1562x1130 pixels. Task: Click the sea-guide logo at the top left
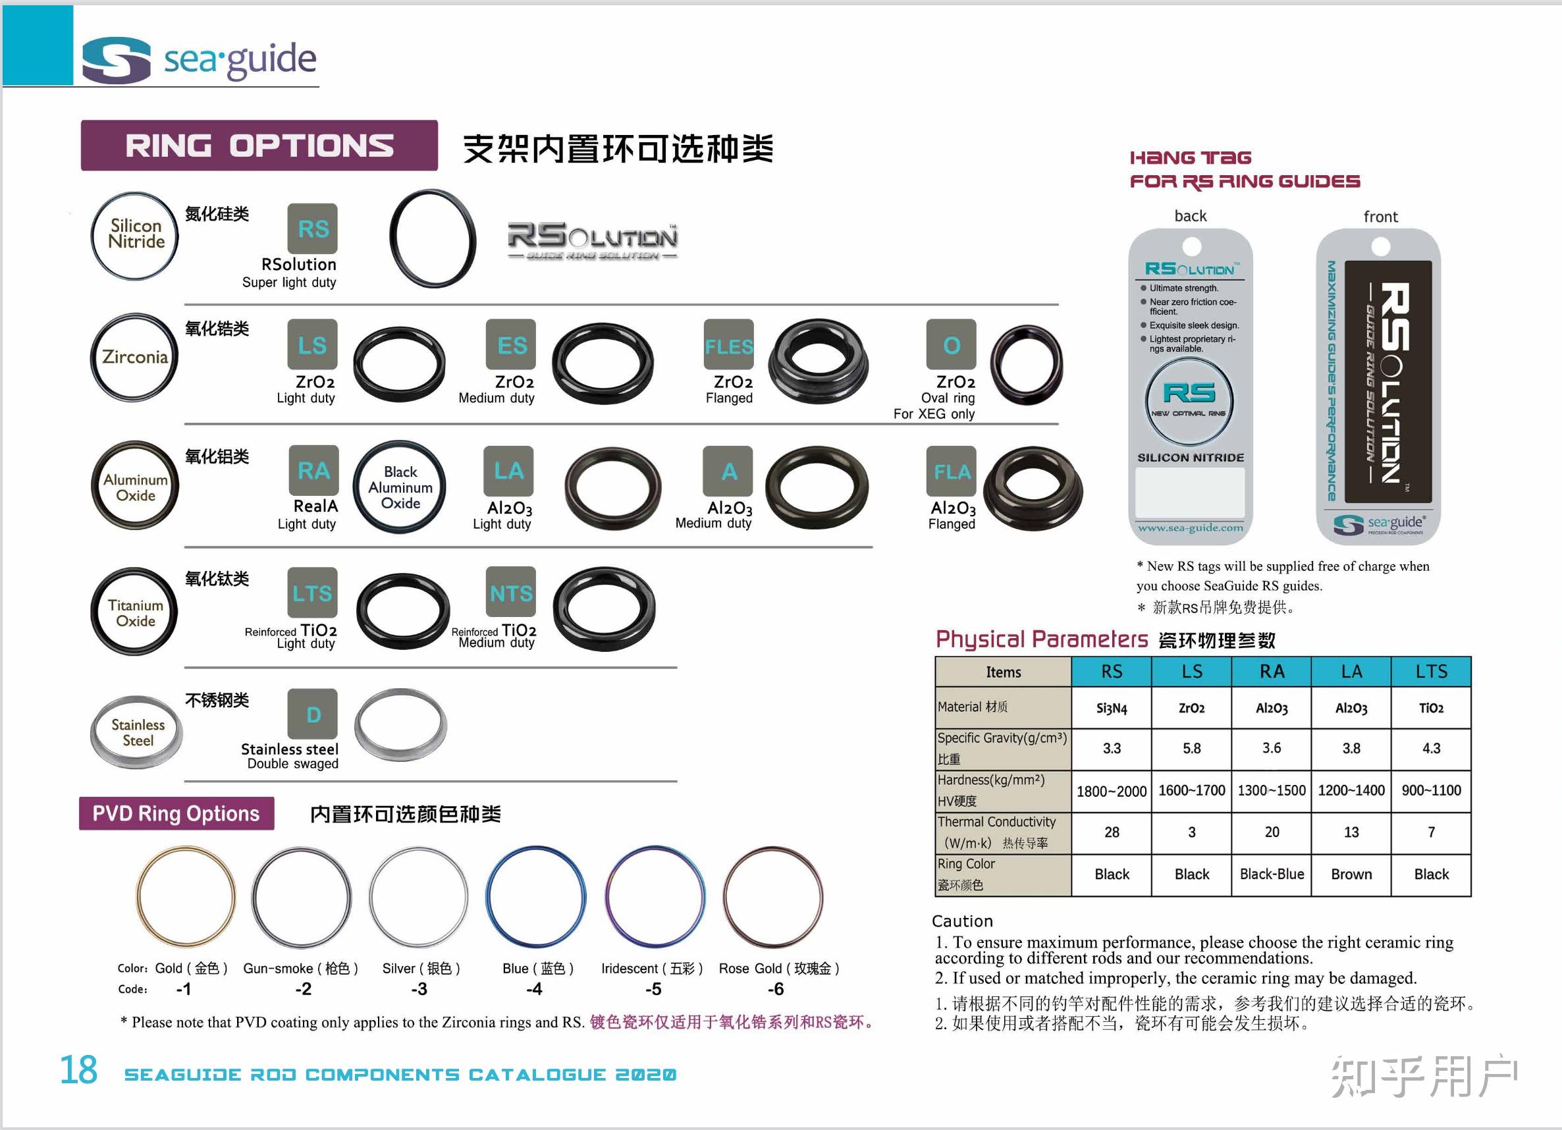pyautogui.click(x=198, y=59)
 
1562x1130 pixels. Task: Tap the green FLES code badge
pyautogui.click(x=729, y=344)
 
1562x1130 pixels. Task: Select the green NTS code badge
pyautogui.click(x=511, y=592)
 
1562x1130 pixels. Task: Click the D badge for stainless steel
pyautogui.click(x=313, y=714)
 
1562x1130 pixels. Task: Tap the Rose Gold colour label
pyautogui.click(x=779, y=969)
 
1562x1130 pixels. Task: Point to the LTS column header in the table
pyautogui.click(x=1431, y=672)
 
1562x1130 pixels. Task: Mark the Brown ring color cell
pyautogui.click(x=1351, y=874)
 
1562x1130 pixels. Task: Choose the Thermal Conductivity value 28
pyautogui.click(x=1112, y=832)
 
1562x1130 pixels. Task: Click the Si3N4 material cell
pyautogui.click(x=1112, y=708)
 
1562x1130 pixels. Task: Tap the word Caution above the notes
pyautogui.click(x=962, y=921)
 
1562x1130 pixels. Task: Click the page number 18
pyautogui.click(x=78, y=1070)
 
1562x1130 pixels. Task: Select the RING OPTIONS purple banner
pyautogui.click(x=259, y=146)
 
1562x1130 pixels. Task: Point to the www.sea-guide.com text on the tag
pyautogui.click(x=1190, y=528)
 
